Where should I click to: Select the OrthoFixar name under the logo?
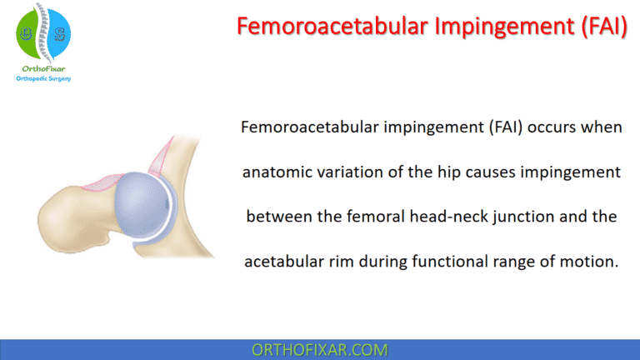42,68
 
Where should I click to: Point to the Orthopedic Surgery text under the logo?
42,79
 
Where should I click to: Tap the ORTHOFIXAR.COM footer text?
320,350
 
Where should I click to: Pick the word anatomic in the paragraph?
276,172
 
